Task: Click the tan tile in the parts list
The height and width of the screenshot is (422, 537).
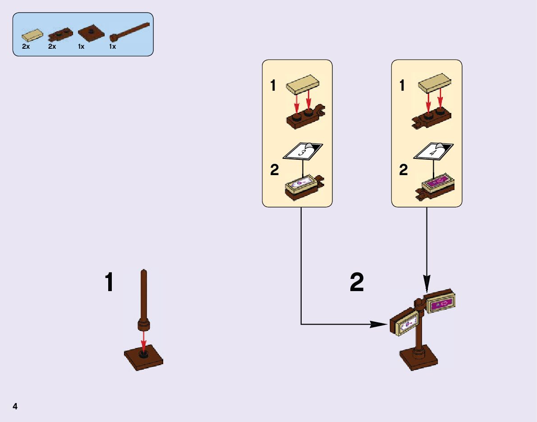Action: [x=34, y=34]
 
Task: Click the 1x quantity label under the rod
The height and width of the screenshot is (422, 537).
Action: [x=112, y=46]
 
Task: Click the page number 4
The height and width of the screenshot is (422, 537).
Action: [x=15, y=407]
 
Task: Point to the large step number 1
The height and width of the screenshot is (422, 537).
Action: [x=109, y=282]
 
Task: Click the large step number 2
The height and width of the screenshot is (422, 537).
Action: [x=357, y=283]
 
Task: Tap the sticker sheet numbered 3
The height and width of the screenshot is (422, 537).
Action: [x=303, y=152]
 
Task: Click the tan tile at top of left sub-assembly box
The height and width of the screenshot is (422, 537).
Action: [x=303, y=83]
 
